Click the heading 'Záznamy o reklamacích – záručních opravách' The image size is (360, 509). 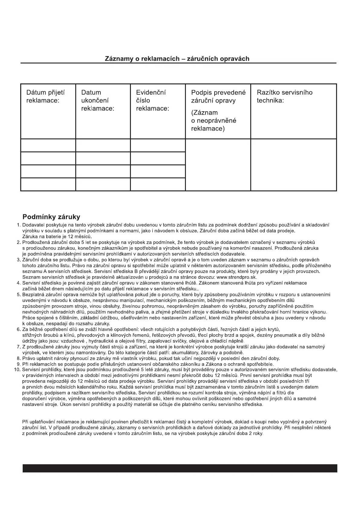pos(177,59)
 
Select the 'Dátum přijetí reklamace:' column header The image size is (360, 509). pos(45,96)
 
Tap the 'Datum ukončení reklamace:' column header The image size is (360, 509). pos(98,100)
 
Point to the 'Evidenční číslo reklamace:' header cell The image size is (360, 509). pos(152,100)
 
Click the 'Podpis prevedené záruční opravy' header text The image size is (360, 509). pos(218,96)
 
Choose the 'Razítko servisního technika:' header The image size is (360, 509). pos(284,96)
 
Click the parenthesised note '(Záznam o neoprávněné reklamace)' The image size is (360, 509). pos(214,121)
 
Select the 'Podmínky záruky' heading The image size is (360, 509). pos(51,217)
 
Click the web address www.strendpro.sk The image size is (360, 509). pos(237,277)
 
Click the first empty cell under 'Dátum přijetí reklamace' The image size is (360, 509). pos(48,145)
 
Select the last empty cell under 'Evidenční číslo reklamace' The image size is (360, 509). pos(158,184)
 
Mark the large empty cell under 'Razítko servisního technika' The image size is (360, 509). pos(294,165)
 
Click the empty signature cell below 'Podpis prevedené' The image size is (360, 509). pos(218,165)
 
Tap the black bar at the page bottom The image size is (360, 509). pos(180,468)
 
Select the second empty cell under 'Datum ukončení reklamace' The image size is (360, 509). pos(103,158)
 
